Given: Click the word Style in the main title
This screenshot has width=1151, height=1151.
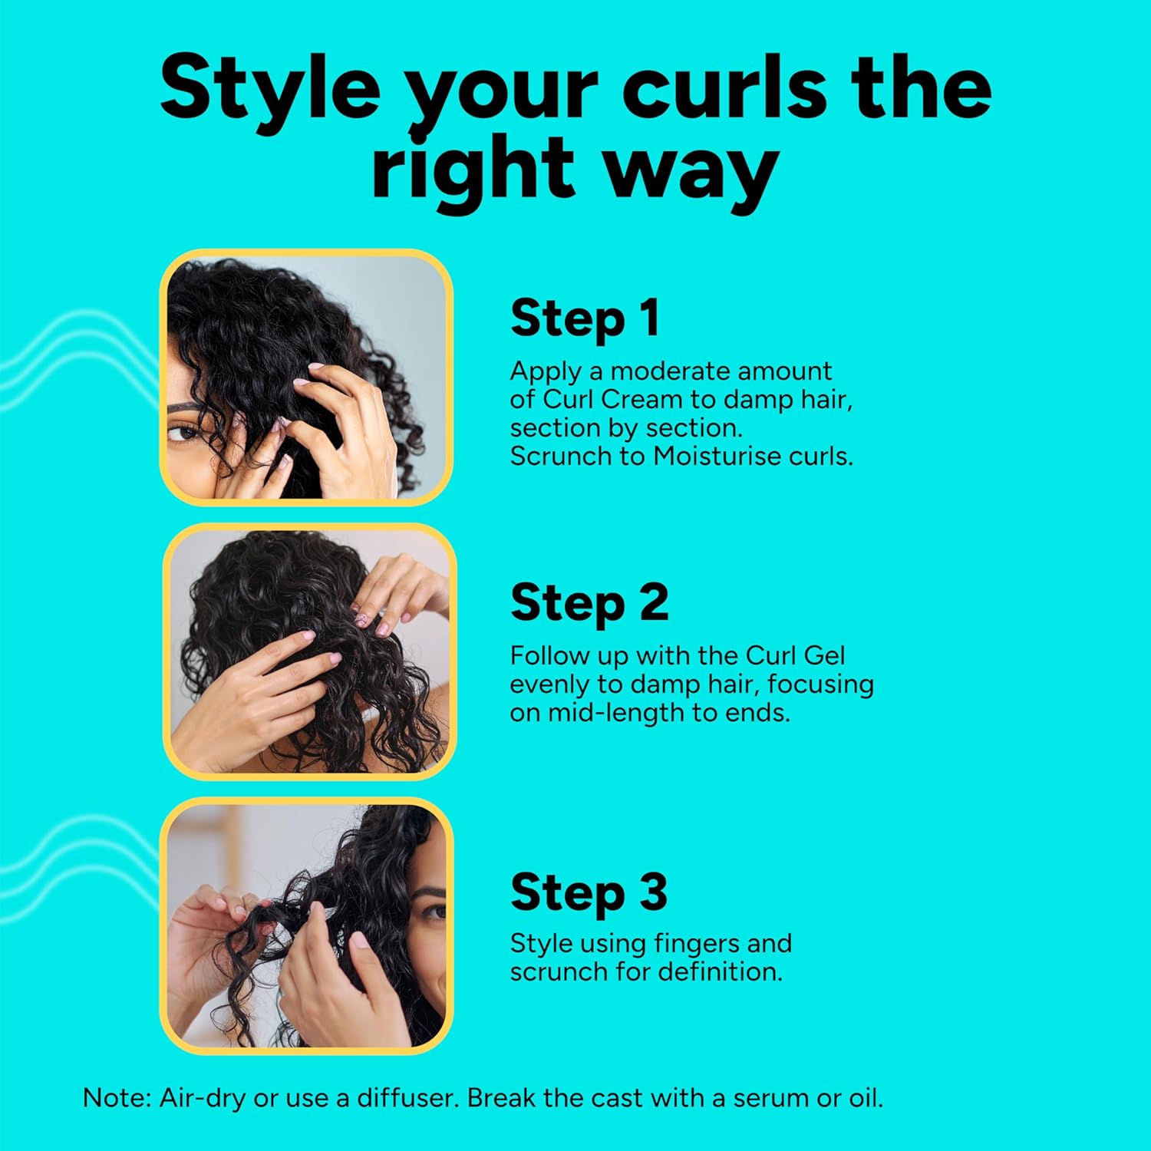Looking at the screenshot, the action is pos(270,91).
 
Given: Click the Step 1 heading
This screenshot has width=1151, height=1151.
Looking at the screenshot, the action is pos(585,318).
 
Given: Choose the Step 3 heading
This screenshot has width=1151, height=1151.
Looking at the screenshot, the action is pos(589,892).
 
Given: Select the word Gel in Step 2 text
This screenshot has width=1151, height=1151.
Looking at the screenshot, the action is pos(823,655).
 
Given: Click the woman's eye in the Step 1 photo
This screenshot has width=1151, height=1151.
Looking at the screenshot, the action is pos(184,433).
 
